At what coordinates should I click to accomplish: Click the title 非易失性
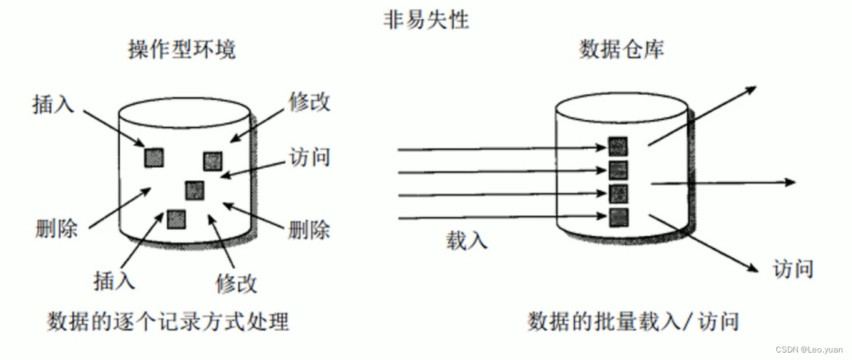tap(426, 19)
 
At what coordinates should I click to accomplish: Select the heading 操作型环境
tap(182, 49)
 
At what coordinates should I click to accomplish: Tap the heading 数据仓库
tap(622, 49)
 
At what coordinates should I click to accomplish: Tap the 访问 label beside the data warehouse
tap(793, 270)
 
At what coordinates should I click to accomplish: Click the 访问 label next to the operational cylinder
tap(309, 157)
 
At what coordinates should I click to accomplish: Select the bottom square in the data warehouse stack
tap(618, 217)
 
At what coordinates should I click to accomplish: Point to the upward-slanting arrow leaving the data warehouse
tap(702, 117)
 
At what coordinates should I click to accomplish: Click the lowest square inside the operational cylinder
tap(176, 218)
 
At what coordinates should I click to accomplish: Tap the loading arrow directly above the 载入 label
tap(499, 218)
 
